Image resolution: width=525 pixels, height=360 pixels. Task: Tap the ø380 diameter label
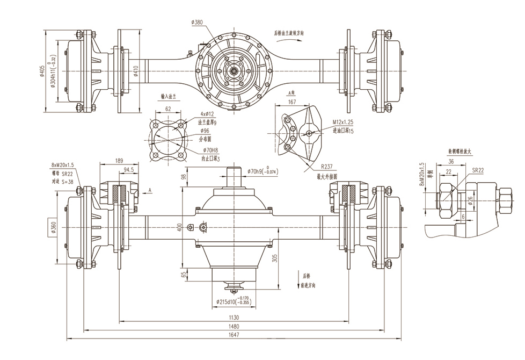tap(196, 22)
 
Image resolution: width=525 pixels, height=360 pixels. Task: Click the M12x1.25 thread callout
tap(346, 124)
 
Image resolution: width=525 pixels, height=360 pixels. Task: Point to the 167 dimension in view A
tap(292, 102)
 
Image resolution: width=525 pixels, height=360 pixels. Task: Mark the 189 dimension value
tap(119, 160)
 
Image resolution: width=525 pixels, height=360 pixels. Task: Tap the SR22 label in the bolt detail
tap(478, 170)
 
